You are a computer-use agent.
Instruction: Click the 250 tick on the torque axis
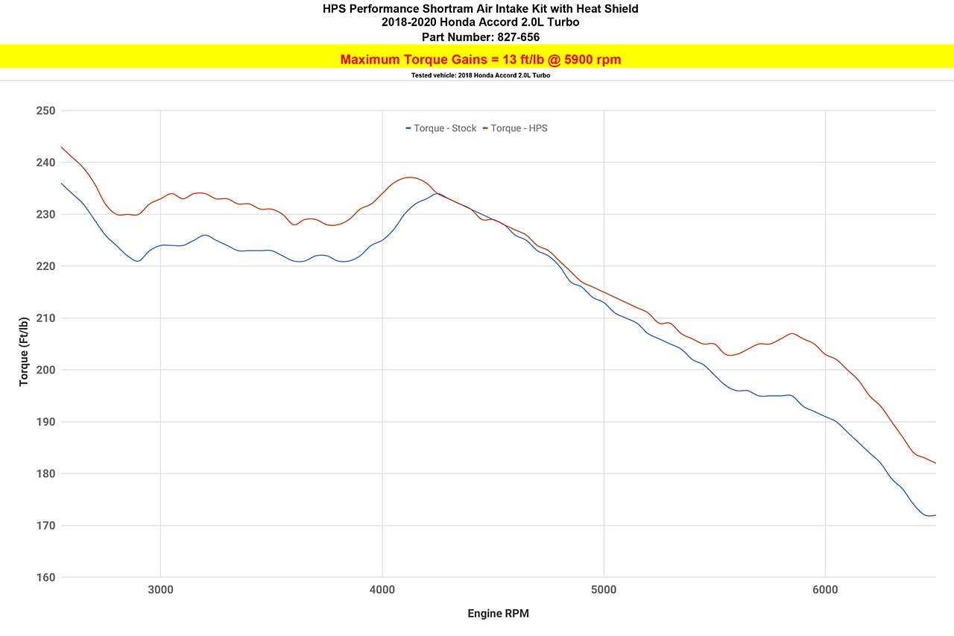coord(45,110)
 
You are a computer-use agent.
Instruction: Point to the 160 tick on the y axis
coord(45,577)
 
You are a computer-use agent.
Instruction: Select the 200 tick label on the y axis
coord(45,370)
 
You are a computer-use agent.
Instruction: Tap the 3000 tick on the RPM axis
coord(160,590)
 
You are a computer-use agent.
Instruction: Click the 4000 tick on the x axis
coord(382,590)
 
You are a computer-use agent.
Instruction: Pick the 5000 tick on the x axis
coord(604,590)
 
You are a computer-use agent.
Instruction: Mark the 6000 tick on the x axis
coord(825,590)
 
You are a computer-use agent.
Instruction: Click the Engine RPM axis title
coord(498,614)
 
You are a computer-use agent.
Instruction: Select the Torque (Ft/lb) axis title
coord(25,351)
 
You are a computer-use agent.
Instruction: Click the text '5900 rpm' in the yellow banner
coord(585,60)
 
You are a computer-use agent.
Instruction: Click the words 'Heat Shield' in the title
coord(607,9)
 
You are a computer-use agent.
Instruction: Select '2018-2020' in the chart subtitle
coord(406,22)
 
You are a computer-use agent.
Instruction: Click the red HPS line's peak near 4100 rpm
coord(408,177)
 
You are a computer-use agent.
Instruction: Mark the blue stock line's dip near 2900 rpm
coord(137,261)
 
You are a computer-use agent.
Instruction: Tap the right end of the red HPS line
coord(935,463)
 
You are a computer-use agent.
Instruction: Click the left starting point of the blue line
coord(62,183)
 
